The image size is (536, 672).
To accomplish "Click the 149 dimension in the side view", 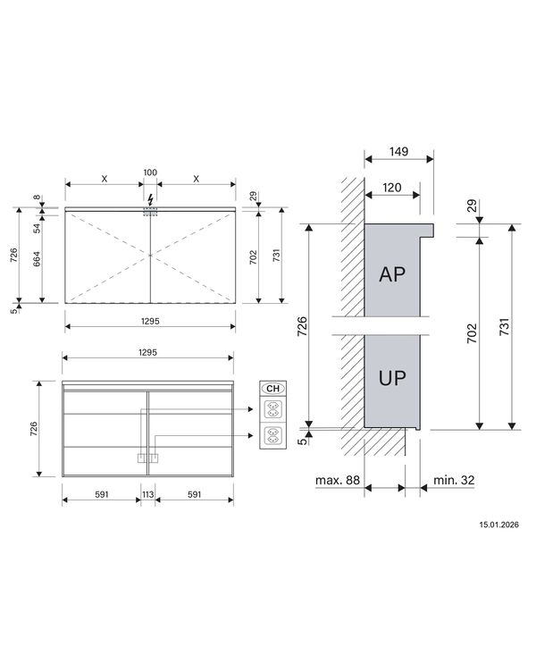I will (398, 152).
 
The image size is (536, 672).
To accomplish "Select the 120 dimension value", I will (390, 189).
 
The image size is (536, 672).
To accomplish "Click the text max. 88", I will (337, 480).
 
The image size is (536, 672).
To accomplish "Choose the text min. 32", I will (455, 480).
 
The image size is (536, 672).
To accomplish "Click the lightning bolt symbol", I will (150, 199).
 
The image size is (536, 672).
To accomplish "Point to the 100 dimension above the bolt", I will (150, 171).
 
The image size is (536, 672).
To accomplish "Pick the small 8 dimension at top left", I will (37, 198).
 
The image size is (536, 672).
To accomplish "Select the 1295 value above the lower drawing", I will (148, 353).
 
